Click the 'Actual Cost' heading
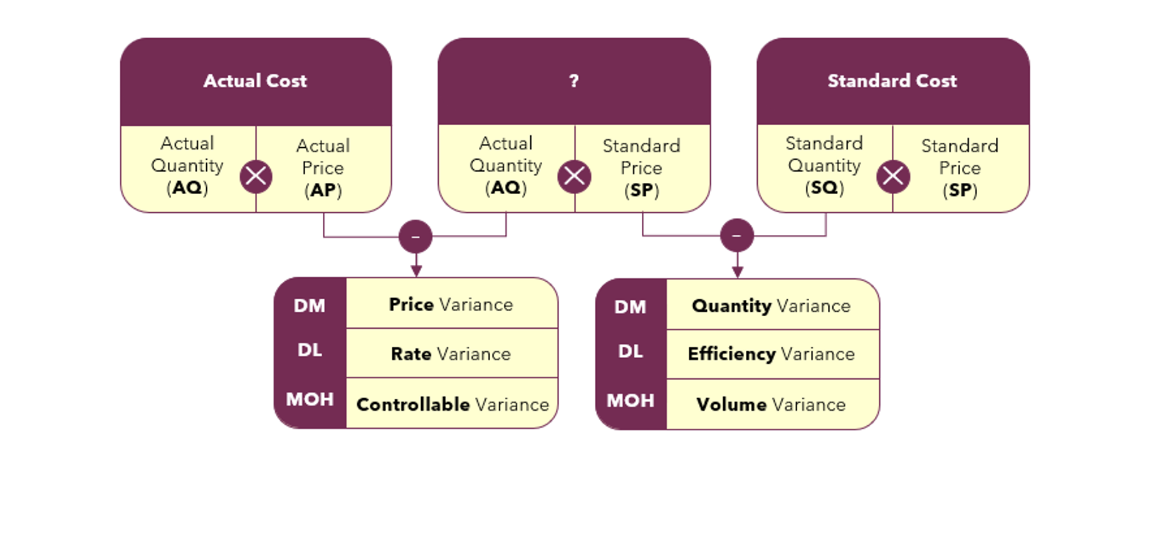[255, 81]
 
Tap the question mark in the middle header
[573, 81]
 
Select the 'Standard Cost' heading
[892, 81]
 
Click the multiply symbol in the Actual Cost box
[256, 176]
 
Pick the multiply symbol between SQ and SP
[893, 177]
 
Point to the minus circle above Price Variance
[416, 237]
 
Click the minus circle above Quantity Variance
[737, 235]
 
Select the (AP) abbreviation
[323, 190]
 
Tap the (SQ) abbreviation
[824, 188]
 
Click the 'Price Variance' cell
[451, 304]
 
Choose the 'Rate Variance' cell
[451, 354]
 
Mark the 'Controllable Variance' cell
[453, 405]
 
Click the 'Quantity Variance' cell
[772, 306]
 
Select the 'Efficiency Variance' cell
[772, 354]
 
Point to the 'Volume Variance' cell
[772, 405]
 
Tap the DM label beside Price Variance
[310, 306]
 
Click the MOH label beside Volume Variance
[630, 401]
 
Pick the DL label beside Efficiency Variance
[630, 351]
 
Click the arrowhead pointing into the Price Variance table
[416, 271]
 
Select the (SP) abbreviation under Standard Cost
[960, 190]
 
